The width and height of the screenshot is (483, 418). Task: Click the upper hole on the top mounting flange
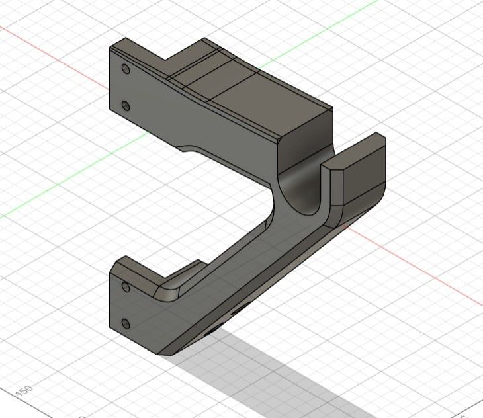click(125, 68)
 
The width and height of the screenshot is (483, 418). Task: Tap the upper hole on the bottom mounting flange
click(125, 286)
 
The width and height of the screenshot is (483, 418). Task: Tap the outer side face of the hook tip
click(364, 179)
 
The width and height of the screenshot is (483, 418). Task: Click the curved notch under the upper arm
click(186, 147)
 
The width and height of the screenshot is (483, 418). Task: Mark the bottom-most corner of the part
click(165, 354)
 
